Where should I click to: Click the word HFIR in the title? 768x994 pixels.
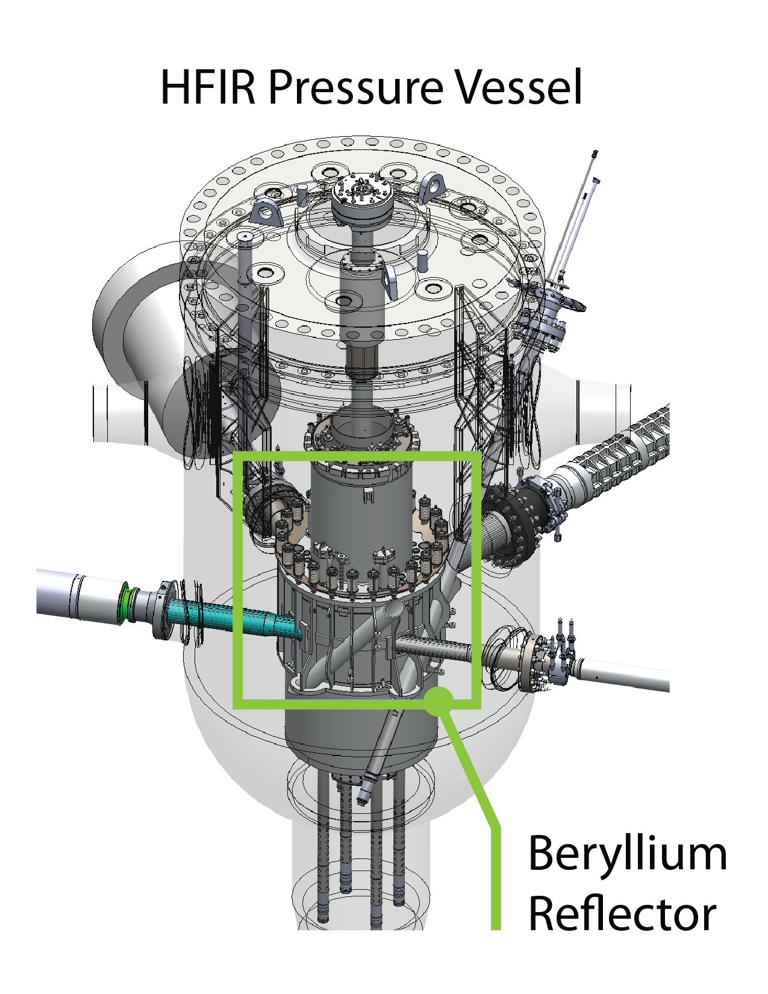point(208,87)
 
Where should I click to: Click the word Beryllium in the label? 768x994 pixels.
point(628,854)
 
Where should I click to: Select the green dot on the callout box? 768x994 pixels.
point(440,701)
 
